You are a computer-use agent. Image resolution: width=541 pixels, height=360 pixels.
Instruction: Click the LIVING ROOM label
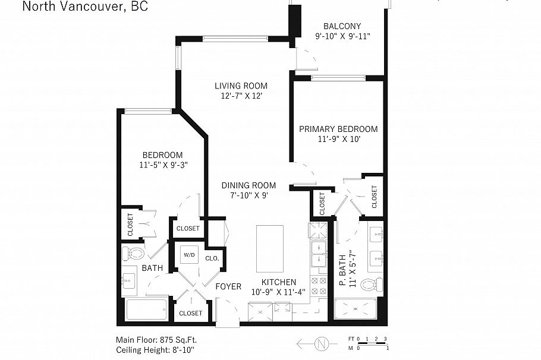point(241,86)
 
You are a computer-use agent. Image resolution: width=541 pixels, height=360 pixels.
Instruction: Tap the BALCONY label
point(342,26)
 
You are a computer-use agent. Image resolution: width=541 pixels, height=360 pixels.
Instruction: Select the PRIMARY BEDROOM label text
point(338,129)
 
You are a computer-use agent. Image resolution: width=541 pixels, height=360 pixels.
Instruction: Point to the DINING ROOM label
point(249,185)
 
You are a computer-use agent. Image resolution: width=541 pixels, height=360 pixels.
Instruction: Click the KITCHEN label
point(279,282)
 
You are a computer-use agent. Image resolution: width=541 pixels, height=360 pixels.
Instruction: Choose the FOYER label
point(228,286)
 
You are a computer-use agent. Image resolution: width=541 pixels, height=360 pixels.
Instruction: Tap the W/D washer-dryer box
point(189,255)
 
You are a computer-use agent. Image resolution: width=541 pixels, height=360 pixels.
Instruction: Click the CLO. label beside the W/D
point(212,258)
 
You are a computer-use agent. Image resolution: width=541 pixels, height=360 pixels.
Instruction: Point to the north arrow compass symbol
point(322,344)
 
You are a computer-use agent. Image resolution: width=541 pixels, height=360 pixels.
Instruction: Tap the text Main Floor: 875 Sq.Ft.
point(156,340)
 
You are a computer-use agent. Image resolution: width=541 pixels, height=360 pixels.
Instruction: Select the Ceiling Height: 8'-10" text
point(155,349)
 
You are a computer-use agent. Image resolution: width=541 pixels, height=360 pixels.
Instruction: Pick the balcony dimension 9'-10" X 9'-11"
point(342,36)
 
